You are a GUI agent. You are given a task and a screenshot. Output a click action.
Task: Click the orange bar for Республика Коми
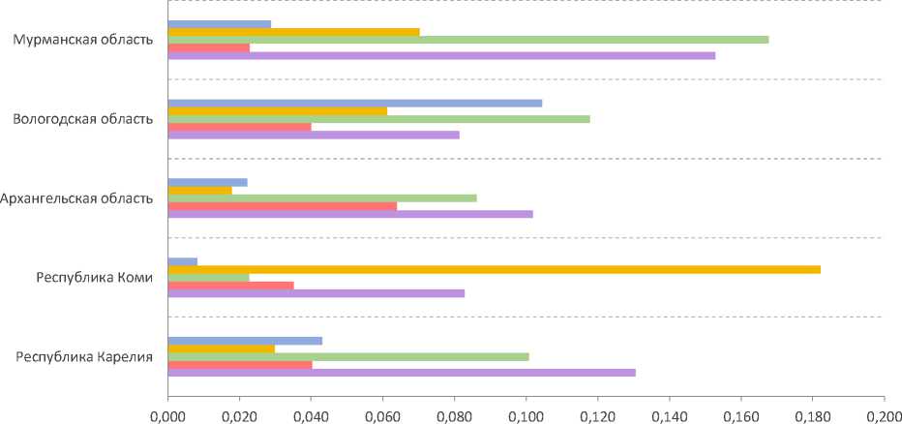pyautogui.click(x=494, y=269)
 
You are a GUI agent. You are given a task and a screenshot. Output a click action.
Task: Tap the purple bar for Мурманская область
pyautogui.click(x=441, y=55)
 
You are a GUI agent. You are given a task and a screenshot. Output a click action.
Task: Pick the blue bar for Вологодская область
pyautogui.click(x=354, y=103)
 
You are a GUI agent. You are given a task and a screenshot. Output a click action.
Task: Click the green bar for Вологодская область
pyautogui.click(x=378, y=119)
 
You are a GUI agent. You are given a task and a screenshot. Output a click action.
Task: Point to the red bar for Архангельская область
pyautogui.click(x=282, y=205)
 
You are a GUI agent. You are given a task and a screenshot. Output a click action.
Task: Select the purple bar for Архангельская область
pyautogui.click(x=349, y=214)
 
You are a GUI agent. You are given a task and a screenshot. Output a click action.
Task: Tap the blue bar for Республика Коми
pyautogui.click(x=182, y=261)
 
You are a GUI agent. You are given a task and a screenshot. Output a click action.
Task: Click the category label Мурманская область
pyautogui.click(x=82, y=40)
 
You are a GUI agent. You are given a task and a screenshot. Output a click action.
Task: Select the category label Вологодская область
pyautogui.click(x=82, y=119)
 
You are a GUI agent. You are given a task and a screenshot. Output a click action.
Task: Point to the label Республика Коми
pyautogui.click(x=94, y=278)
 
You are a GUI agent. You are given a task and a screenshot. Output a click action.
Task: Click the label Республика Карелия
pyautogui.click(x=84, y=357)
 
